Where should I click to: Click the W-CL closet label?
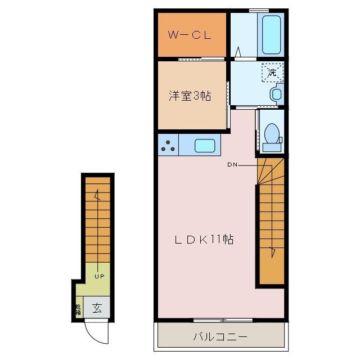pyautogui.click(x=191, y=35)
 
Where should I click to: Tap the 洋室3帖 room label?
pyautogui.click(x=190, y=96)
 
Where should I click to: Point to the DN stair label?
pyautogui.click(x=232, y=165)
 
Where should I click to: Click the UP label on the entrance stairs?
pyautogui.click(x=99, y=276)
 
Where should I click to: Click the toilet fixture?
pyautogui.click(x=272, y=137)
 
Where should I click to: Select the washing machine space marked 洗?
pyautogui.click(x=272, y=72)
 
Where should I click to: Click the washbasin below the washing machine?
pyautogui.click(x=276, y=93)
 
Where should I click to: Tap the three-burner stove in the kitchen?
pyautogui.click(x=168, y=145)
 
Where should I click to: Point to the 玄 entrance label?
pyautogui.click(x=97, y=308)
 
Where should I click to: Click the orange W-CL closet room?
pyautogui.click(x=191, y=45)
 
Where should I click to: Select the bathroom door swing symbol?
pyautogui.click(x=238, y=52)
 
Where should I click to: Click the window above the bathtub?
pyautogui.click(x=258, y=10)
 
